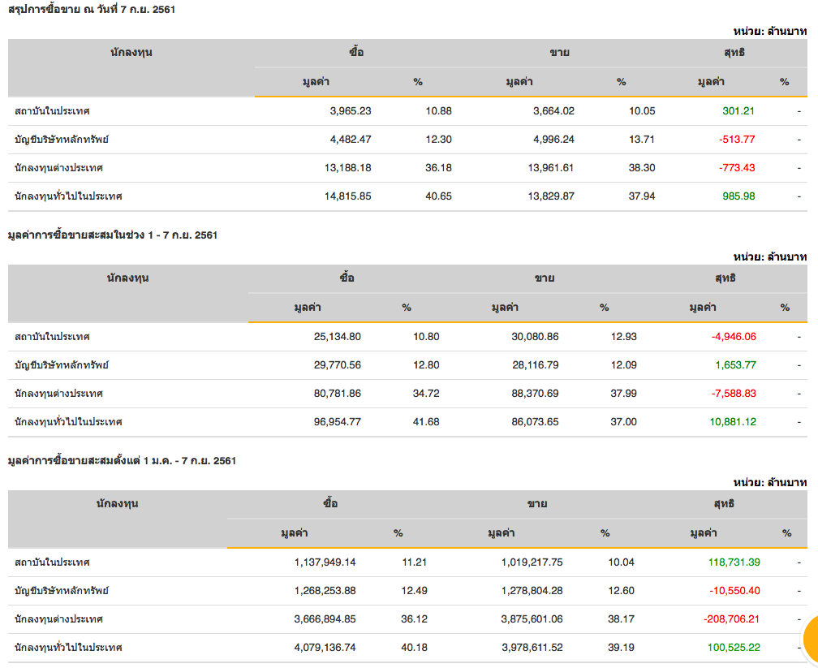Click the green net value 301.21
point(738,110)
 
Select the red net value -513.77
point(737,139)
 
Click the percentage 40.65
point(439,196)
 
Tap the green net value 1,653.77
point(735,364)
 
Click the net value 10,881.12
point(732,421)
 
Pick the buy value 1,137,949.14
point(325,562)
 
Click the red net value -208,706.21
point(732,618)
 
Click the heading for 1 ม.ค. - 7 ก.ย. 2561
point(122,460)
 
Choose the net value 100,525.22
point(733,647)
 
